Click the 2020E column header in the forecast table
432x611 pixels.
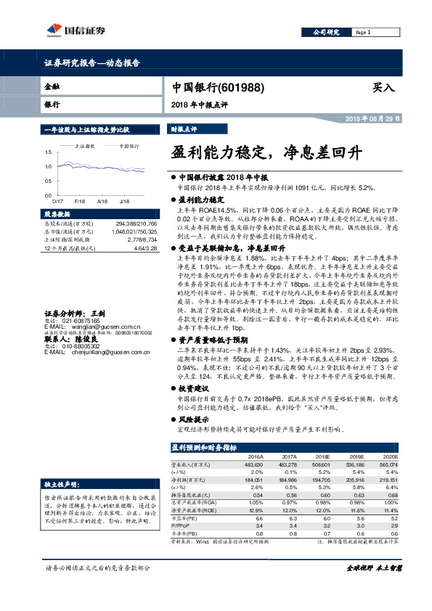(x=409, y=456)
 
